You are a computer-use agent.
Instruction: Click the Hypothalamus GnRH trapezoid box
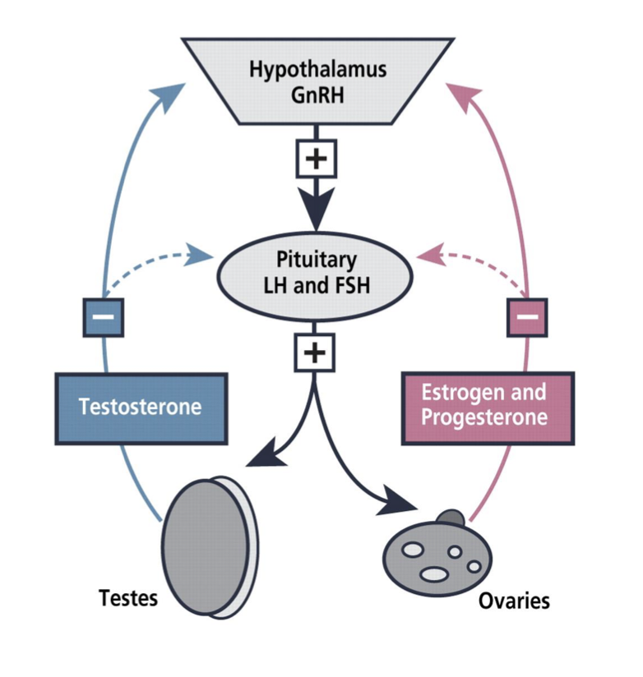point(317,81)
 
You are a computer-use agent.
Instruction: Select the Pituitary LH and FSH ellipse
point(317,271)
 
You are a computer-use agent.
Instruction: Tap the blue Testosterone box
point(141,408)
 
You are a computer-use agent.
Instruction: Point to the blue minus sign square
point(104,315)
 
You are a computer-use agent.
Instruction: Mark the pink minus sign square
point(527,315)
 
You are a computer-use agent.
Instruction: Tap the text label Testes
point(128,597)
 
